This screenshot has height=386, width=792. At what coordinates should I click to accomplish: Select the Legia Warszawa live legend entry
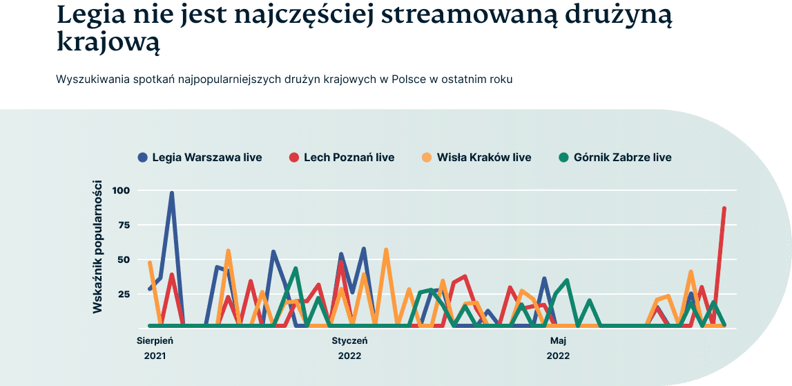(x=206, y=157)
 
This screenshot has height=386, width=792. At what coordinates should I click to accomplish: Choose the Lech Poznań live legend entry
(x=349, y=157)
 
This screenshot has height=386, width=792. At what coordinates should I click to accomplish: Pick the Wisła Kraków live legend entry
(x=484, y=157)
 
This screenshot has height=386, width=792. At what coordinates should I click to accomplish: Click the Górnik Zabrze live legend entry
(x=622, y=157)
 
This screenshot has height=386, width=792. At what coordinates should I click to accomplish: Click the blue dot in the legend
(x=143, y=157)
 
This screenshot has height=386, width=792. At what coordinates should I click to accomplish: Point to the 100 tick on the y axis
(x=121, y=190)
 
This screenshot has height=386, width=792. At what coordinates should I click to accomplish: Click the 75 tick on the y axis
(x=124, y=225)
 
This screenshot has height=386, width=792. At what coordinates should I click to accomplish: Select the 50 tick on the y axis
(x=124, y=259)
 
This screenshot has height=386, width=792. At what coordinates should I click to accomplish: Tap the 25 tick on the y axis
(x=124, y=294)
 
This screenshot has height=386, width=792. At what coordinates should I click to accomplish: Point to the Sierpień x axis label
(x=155, y=340)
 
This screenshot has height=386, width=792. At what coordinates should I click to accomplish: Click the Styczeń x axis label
(x=349, y=340)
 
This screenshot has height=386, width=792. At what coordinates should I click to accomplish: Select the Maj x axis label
(x=558, y=340)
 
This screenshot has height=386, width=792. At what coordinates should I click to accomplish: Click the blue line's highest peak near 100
(x=172, y=194)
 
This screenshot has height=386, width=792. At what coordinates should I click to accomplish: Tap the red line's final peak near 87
(x=724, y=208)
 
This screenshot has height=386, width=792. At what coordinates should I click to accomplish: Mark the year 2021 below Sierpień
(x=155, y=356)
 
